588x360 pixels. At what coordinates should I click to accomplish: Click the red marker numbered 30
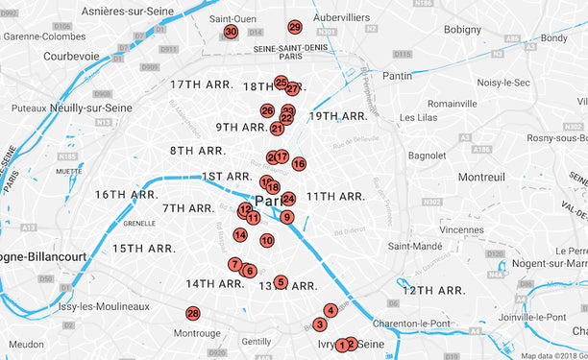pyautogui.click(x=231, y=32)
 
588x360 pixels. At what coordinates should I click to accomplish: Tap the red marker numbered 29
pyautogui.click(x=295, y=27)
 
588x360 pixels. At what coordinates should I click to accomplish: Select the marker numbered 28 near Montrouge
pyautogui.click(x=193, y=314)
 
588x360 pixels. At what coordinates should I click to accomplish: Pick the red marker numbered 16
pyautogui.click(x=299, y=164)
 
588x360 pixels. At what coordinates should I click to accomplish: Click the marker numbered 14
pyautogui.click(x=240, y=234)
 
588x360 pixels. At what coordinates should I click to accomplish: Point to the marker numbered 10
pyautogui.click(x=267, y=241)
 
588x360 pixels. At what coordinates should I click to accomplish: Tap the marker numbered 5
pyautogui.click(x=281, y=282)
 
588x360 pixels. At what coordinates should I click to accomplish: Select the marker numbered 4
pyautogui.click(x=331, y=310)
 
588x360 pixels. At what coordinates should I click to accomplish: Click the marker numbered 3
pyautogui.click(x=320, y=324)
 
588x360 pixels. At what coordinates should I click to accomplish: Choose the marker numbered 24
pyautogui.click(x=288, y=199)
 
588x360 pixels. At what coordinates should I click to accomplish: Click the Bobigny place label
pyautogui.click(x=462, y=30)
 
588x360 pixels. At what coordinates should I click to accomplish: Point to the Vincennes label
pyautogui.click(x=461, y=230)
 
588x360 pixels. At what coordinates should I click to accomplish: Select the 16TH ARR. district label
pyautogui.click(x=126, y=195)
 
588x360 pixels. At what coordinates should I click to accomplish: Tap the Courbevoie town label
pyautogui.click(x=71, y=56)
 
